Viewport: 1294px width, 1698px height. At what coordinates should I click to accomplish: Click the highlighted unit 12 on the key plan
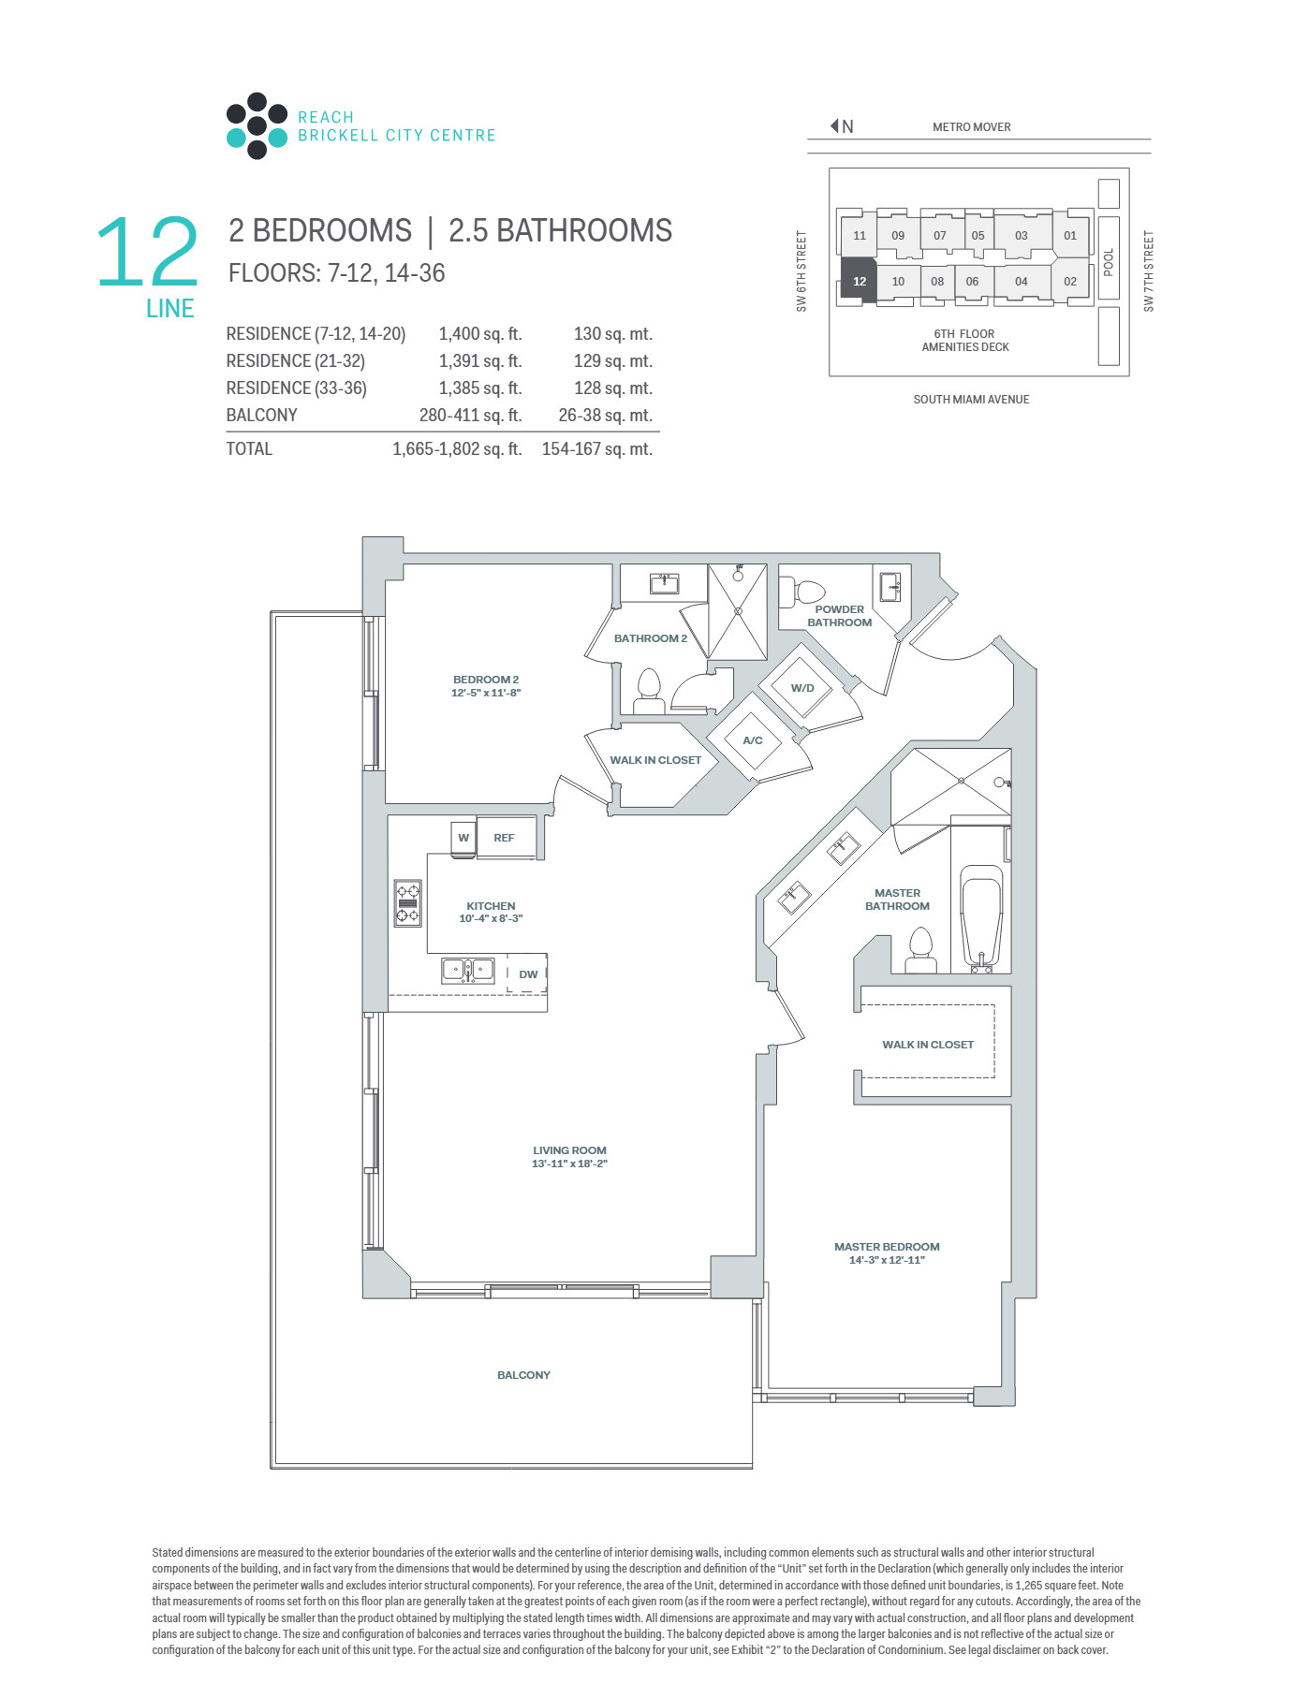point(859,280)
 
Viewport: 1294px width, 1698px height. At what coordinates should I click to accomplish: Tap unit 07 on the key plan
point(939,235)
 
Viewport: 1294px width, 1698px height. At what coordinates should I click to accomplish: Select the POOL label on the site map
point(1109,261)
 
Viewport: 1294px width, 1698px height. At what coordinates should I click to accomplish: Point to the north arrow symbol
point(834,125)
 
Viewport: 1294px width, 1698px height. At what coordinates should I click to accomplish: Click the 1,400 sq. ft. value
point(480,334)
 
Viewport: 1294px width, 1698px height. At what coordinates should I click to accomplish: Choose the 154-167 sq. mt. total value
point(597,449)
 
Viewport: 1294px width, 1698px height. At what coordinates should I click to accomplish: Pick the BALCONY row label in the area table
point(261,416)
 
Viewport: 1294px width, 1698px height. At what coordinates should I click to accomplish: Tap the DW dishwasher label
point(528,973)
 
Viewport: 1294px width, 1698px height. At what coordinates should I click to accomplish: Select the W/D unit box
point(801,688)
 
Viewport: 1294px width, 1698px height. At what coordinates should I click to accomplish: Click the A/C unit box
point(753,740)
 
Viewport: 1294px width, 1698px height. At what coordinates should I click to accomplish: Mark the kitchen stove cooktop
point(407,903)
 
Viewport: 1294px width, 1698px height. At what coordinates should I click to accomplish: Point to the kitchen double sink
point(468,970)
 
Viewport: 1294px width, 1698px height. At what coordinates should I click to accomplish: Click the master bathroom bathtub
point(981,918)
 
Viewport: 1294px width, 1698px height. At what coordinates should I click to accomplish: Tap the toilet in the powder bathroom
point(803,592)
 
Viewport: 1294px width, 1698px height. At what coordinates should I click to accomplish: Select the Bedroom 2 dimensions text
point(486,693)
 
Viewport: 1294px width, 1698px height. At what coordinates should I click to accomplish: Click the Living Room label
point(569,1150)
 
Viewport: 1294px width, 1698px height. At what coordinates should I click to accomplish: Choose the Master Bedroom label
point(887,1247)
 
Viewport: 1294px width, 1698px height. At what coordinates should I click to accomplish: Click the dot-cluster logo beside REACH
point(257,125)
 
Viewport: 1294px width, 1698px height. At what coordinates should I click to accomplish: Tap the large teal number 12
point(148,251)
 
